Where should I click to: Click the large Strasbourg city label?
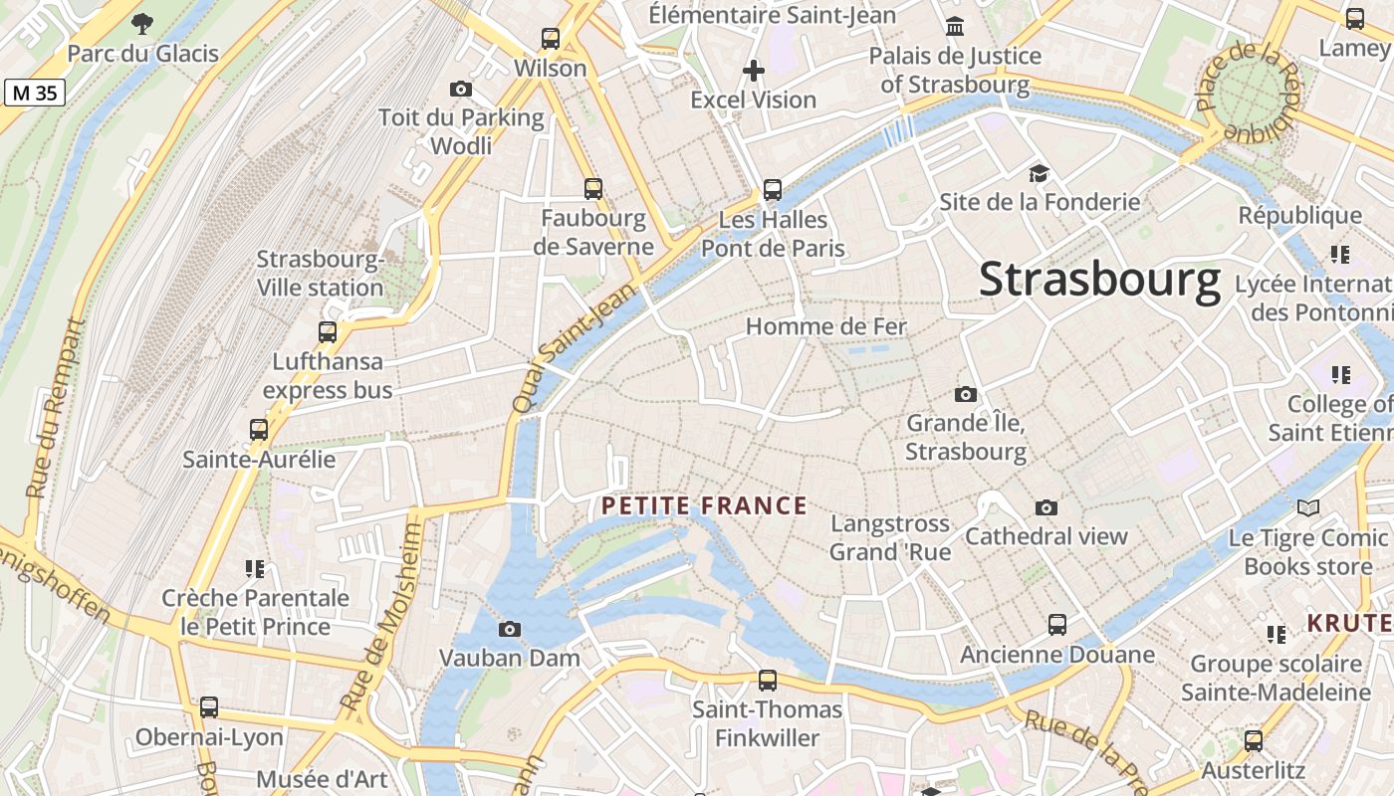click(1099, 280)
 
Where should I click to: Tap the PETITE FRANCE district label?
click(704, 506)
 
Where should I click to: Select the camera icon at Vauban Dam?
click(509, 629)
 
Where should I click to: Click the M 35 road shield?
click(35, 94)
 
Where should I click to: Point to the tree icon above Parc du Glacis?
click(142, 23)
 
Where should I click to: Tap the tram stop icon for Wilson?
click(551, 39)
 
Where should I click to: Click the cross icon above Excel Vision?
click(754, 71)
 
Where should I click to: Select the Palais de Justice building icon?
click(955, 26)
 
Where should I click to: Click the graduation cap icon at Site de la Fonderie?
click(1040, 173)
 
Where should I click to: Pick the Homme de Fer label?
click(826, 326)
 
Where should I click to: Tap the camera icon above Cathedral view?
click(1045, 507)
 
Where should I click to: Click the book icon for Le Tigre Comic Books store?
click(1307, 508)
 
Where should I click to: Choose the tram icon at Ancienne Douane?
click(1057, 625)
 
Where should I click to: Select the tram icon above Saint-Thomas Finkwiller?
click(767, 681)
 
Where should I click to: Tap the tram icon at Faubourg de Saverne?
click(593, 188)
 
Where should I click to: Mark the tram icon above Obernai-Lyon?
click(209, 707)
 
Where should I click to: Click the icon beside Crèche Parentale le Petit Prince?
click(255, 568)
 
